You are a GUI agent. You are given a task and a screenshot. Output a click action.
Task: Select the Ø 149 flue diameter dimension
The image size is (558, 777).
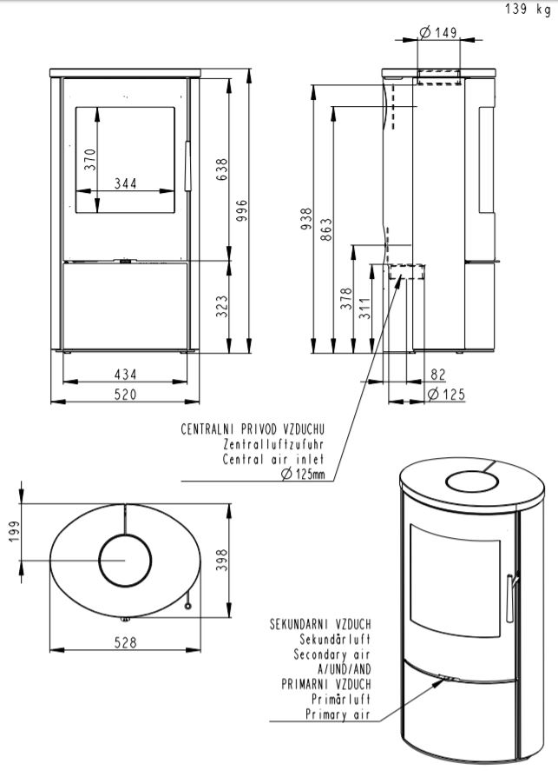point(437,32)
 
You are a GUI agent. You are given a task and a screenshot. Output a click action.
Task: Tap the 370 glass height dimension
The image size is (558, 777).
point(90,160)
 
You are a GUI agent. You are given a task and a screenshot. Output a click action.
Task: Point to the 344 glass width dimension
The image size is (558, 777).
point(126,183)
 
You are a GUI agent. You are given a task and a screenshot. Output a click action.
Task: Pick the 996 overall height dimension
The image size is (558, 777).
point(243,211)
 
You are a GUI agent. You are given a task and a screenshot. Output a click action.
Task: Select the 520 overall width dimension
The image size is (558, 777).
point(126,395)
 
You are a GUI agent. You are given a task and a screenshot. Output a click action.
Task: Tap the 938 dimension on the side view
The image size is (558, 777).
point(305,222)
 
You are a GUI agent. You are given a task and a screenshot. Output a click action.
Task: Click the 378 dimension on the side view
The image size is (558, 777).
point(347,299)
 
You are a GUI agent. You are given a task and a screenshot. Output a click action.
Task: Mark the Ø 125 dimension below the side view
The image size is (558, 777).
point(446,395)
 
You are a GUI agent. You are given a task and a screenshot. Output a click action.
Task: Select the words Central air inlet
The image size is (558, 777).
point(273,459)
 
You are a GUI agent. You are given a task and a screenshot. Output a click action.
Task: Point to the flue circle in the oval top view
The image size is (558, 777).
point(125,561)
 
